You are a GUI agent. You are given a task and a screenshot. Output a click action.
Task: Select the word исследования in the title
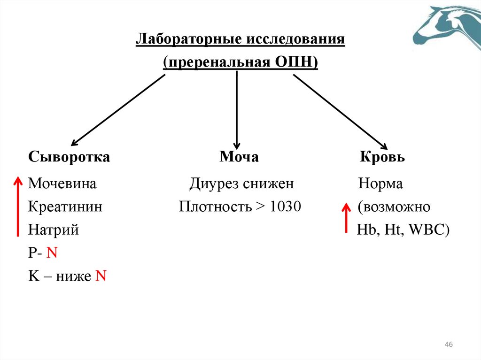(x=295, y=39)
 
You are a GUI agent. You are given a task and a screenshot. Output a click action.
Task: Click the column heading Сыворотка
(x=69, y=157)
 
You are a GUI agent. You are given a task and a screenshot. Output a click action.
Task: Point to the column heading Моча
(x=239, y=157)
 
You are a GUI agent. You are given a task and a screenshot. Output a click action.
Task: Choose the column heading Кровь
(x=382, y=157)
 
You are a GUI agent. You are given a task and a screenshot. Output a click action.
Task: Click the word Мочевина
(x=62, y=184)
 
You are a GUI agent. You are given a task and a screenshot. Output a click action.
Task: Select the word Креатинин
(x=65, y=207)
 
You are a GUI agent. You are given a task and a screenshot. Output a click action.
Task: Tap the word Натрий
(x=53, y=230)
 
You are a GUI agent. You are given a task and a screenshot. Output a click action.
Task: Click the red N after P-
(x=52, y=253)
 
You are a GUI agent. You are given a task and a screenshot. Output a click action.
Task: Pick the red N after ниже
(x=101, y=276)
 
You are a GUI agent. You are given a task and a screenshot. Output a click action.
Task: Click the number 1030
(x=286, y=207)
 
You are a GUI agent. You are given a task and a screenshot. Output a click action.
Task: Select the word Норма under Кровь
(x=380, y=184)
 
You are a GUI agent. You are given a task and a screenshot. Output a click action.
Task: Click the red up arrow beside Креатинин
(x=17, y=207)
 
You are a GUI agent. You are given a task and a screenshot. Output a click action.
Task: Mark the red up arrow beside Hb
(x=346, y=218)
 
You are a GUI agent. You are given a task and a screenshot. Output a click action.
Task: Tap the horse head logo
(x=449, y=28)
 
